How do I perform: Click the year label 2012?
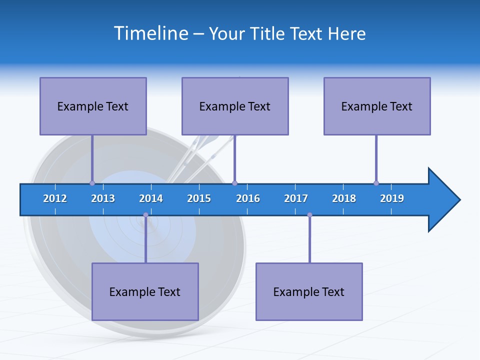tap(55, 198)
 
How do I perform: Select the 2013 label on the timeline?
tap(103, 198)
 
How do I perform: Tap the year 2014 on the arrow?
tap(151, 198)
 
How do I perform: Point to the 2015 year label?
tap(199, 198)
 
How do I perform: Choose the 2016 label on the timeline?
tap(248, 198)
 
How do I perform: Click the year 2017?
tap(296, 198)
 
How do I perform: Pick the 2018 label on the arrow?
tap(344, 198)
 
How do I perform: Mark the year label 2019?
tap(392, 198)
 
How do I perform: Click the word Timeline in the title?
tap(151, 33)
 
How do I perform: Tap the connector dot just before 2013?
tap(92, 183)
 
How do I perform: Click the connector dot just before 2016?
tap(234, 183)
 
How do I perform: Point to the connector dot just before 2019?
tap(376, 183)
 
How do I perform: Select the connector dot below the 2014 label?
tap(145, 215)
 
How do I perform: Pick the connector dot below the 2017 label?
tap(309, 215)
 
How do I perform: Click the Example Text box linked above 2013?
tap(93, 106)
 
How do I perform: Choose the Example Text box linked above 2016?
tap(235, 106)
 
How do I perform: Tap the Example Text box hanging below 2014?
tap(145, 291)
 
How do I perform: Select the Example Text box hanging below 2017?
tap(309, 291)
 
